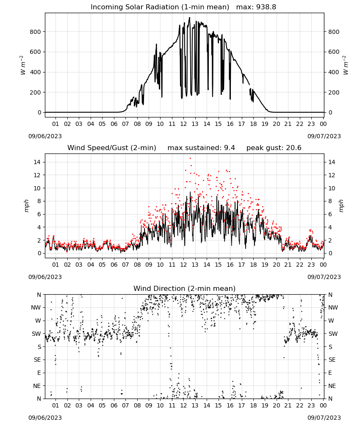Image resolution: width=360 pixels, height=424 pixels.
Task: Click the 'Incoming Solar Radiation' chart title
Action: [x=135, y=7]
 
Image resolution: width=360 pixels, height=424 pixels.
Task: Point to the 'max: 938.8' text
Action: [x=256, y=7]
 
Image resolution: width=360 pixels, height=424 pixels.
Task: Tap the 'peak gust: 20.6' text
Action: [x=274, y=148]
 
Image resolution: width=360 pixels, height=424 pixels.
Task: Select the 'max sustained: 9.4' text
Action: [x=201, y=148]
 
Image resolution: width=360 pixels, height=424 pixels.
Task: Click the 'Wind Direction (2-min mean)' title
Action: [x=185, y=288]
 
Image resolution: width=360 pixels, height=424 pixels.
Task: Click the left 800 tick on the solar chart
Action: [x=36, y=32]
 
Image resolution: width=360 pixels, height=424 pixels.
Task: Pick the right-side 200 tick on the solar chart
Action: [x=334, y=92]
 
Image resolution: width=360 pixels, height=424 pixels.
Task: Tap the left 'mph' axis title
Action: [x=26, y=206]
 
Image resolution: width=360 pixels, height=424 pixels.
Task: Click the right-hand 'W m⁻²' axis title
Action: [x=346, y=65]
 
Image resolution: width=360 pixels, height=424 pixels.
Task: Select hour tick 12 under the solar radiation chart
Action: [x=183, y=124]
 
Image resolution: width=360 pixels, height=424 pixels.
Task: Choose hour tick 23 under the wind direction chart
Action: [x=311, y=405]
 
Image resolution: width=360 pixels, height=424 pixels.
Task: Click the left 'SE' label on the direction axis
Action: [x=37, y=360]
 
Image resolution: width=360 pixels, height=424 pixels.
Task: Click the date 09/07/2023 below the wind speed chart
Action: [x=324, y=277]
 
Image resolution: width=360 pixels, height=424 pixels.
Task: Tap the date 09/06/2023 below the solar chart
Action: [x=45, y=136]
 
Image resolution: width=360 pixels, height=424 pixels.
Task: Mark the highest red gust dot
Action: [x=190, y=159]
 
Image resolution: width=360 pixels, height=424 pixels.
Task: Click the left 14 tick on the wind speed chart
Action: [x=37, y=162]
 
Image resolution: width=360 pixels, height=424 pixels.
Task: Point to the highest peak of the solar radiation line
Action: [x=189, y=17]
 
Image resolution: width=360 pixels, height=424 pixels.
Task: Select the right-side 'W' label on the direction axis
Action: [x=331, y=321]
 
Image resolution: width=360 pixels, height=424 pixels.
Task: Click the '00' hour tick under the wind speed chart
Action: [x=323, y=265]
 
